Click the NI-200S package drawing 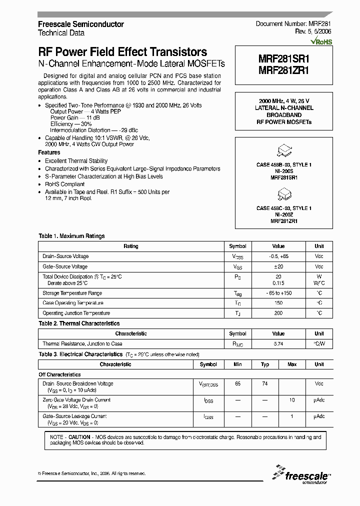[283, 150]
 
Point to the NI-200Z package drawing [283, 193]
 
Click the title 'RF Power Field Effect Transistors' [122, 52]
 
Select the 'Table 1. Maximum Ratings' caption [71, 236]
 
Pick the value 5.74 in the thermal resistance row [278, 344]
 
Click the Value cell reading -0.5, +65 [278, 256]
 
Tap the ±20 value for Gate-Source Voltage [278, 266]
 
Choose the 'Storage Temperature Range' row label [72, 293]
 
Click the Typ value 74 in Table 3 [264, 383]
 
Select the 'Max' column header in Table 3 [291, 364]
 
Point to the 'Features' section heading [49, 152]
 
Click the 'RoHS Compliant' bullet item [65, 184]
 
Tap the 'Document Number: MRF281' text [293, 24]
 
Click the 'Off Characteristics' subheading [59, 374]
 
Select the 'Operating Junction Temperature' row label [76, 313]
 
